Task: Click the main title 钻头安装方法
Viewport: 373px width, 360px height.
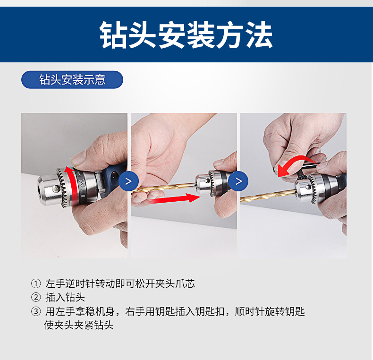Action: pyautogui.click(x=186, y=35)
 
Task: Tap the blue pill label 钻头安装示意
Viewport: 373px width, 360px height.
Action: pyautogui.click(x=72, y=79)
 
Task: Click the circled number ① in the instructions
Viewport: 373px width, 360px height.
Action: pyautogui.click(x=36, y=283)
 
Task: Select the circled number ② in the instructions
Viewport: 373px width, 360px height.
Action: pyautogui.click(x=36, y=297)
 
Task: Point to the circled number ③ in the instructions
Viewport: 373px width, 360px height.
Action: pyautogui.click(x=36, y=311)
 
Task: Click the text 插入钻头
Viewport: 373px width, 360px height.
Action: pyautogui.click(x=65, y=297)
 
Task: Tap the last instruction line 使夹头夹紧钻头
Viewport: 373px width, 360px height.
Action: pyautogui.click(x=79, y=325)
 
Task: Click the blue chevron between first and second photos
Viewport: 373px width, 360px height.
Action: pyautogui.click(x=128, y=181)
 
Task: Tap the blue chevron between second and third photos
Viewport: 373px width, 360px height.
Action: pyautogui.click(x=238, y=181)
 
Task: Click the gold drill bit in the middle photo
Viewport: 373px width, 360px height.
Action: pyautogui.click(x=164, y=188)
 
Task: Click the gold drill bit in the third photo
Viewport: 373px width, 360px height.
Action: pyautogui.click(x=268, y=196)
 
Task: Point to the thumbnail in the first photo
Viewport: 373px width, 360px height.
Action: pyautogui.click(x=79, y=158)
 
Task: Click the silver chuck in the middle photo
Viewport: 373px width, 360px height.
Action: pyautogui.click(x=209, y=183)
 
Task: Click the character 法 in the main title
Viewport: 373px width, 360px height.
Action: pyautogui.click(x=259, y=35)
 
